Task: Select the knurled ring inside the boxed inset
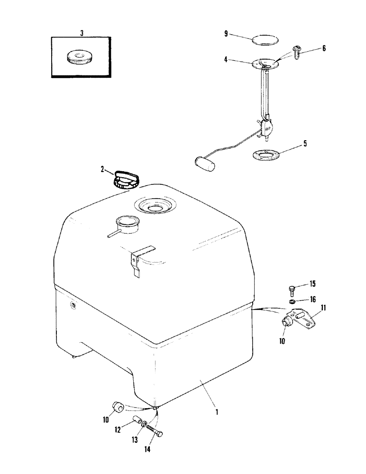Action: (79, 57)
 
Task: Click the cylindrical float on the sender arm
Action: (205, 164)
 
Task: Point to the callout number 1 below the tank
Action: (217, 412)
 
